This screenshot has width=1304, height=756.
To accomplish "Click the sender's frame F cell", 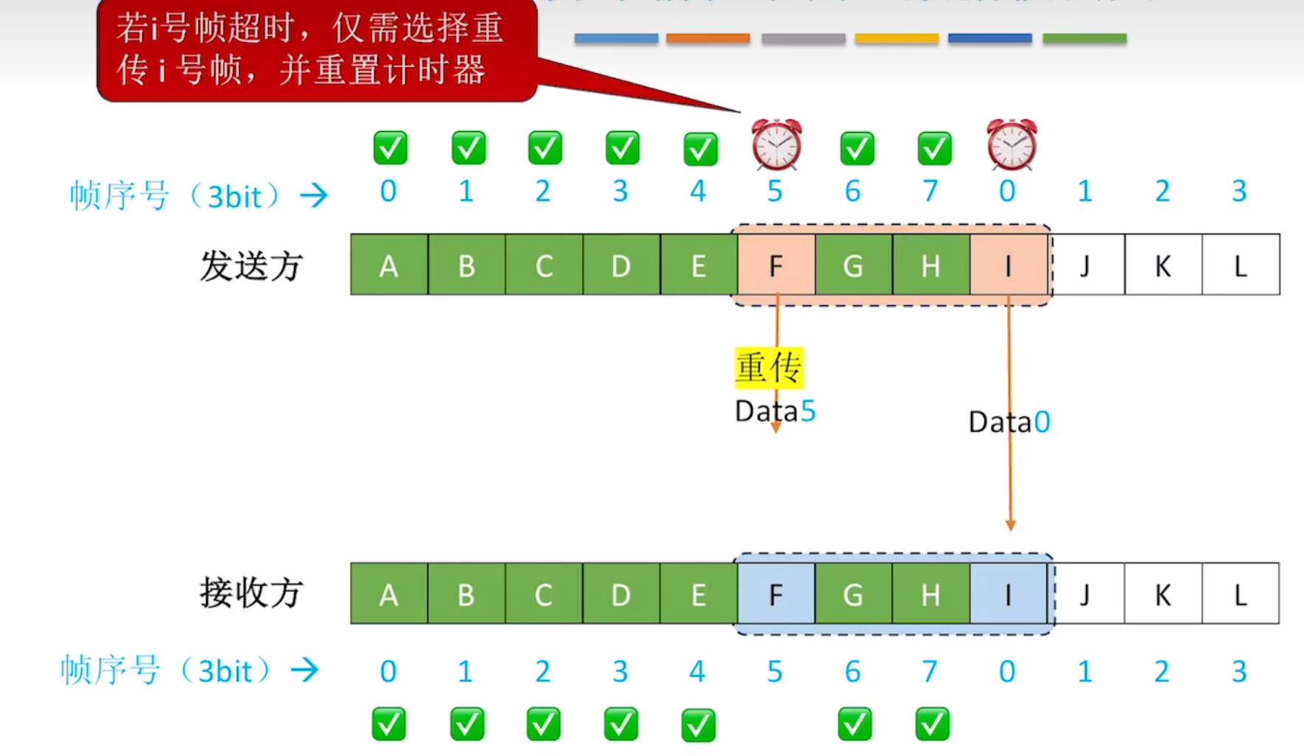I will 776,265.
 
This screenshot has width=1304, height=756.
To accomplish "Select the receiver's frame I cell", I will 1008,594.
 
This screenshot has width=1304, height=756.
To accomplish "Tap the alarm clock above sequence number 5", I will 777,144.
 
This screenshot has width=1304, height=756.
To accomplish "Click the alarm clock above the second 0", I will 1012,144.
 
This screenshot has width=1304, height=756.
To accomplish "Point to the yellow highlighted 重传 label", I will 768,368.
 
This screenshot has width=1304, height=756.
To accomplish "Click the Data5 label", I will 775,411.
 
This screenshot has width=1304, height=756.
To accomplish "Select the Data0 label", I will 1009,422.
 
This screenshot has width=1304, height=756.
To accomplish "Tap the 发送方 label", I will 251,266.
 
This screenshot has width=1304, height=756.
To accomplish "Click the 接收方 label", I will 251,593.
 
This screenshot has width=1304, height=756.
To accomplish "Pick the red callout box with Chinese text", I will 317,50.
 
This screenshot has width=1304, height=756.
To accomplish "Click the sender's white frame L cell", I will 1241,265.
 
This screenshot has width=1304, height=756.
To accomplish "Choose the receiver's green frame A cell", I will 389,594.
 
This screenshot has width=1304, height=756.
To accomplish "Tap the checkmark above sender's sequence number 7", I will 934,148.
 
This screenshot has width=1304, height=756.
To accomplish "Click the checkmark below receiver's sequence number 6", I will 855,724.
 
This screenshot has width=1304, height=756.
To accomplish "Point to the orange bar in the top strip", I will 708,38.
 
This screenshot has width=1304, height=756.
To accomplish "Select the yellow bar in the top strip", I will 897,38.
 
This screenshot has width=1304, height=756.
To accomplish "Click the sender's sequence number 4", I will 698,192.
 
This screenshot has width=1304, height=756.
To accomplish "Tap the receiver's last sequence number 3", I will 1239,671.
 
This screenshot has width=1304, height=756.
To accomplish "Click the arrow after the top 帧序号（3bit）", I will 314,195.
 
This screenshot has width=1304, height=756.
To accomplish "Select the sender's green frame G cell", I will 853,265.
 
